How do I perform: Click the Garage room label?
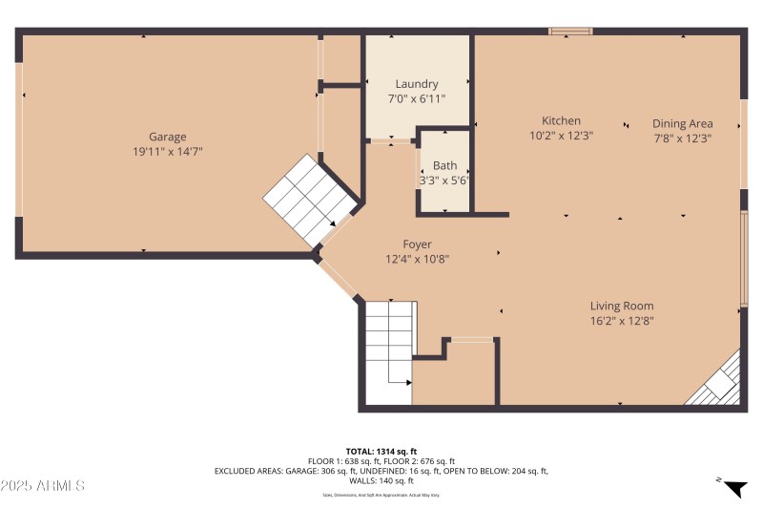coord(167,137)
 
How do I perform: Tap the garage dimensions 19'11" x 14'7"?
coord(167,151)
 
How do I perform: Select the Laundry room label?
coord(417,84)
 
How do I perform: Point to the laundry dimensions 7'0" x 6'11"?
coord(417,98)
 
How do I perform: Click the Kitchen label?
coord(561,120)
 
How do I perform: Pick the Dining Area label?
coord(683,122)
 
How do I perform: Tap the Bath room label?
coord(444,165)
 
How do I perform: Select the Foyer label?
coord(417,244)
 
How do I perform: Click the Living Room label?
coord(621,306)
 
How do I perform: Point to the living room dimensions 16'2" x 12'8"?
coord(621,321)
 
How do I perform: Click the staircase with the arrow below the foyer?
coord(389,352)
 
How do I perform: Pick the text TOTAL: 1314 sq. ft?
coord(381,451)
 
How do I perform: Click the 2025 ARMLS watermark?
coord(43,486)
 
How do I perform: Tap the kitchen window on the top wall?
coord(570,32)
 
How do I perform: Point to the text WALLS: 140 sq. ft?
coord(381,480)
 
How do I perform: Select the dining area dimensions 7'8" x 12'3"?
coord(683,138)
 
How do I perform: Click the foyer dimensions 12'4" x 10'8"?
coord(417,259)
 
